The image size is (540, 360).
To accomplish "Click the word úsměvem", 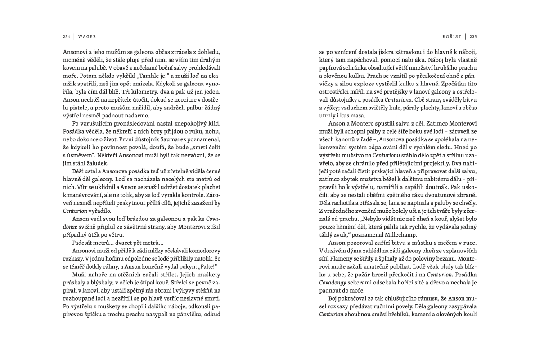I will click(78, 155).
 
